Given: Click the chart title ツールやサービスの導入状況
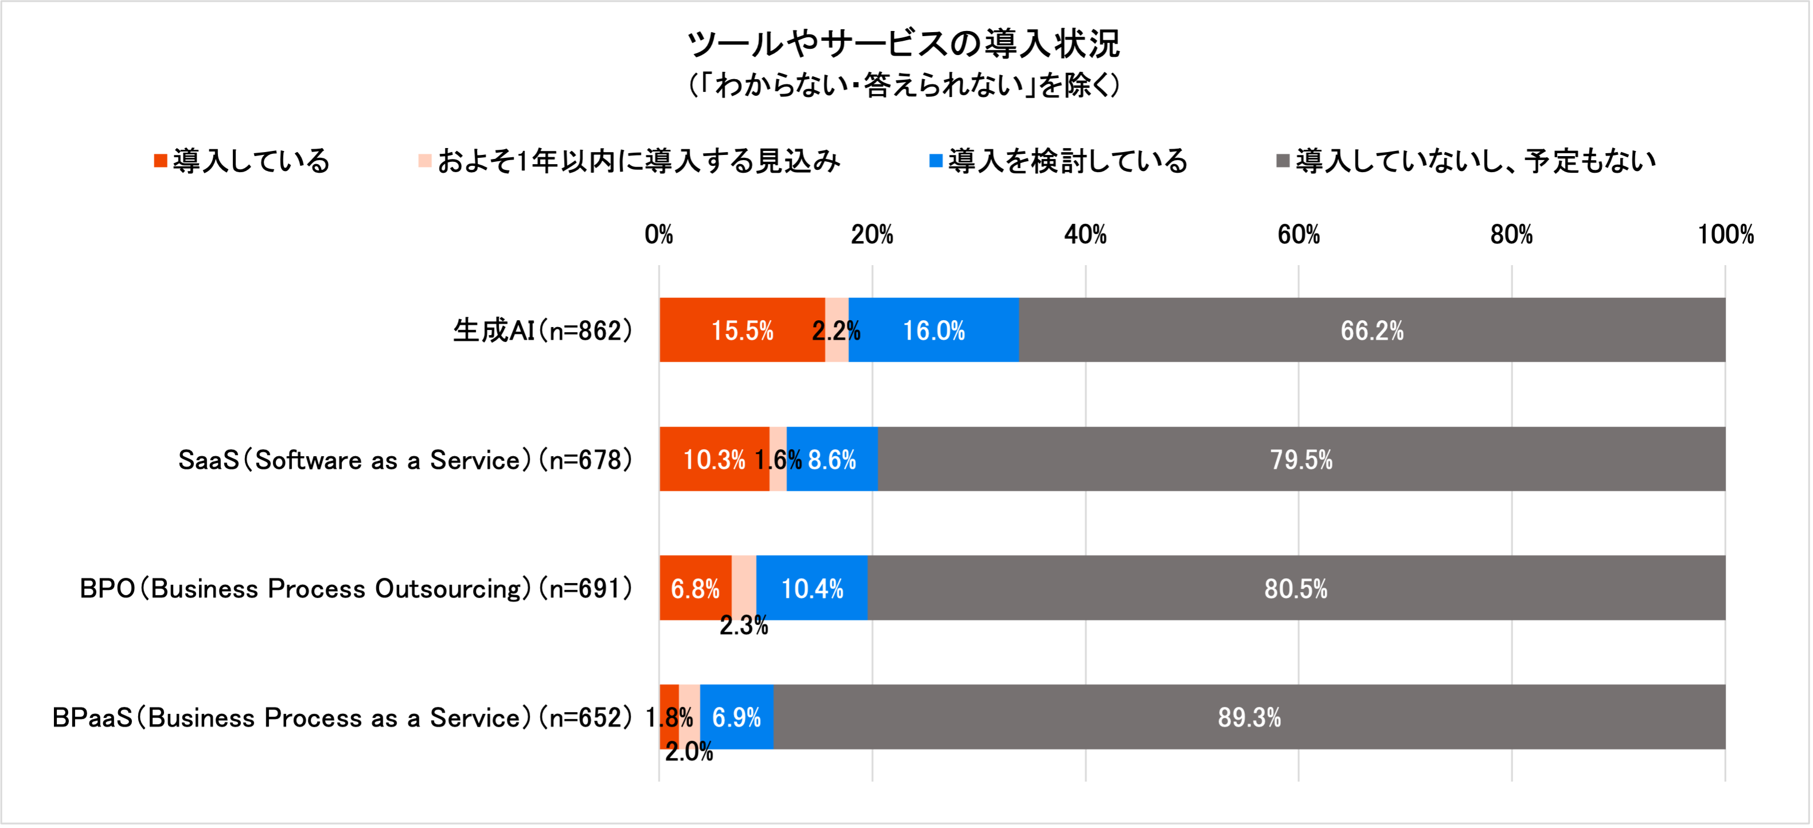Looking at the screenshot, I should coord(904,44).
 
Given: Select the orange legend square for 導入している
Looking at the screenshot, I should coord(161,161).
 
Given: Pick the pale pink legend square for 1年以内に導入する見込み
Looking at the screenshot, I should coord(424,161).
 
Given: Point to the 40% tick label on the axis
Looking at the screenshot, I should coord(1085,235).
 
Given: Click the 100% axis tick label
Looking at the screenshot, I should coord(1725,235).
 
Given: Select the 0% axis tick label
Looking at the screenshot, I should coord(659,235).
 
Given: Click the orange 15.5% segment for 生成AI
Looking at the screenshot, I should coord(742,330).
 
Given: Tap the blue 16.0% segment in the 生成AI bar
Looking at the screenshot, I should coord(933,330).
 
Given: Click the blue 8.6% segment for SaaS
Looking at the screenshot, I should coord(832,460).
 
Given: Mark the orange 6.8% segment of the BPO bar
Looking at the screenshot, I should coord(695,589).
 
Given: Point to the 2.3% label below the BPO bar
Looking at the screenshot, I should coord(743,626).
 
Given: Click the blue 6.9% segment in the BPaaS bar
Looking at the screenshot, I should coord(736,717).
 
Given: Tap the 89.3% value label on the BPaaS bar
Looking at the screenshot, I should coord(1249,717).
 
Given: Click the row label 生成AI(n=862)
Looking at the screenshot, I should coord(542,330).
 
